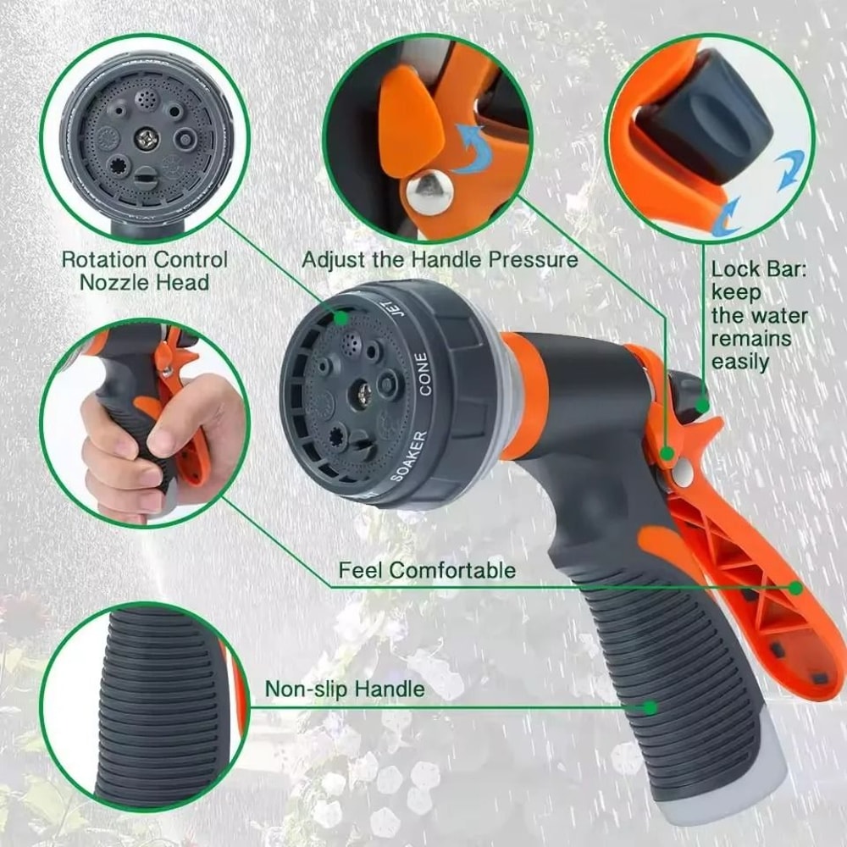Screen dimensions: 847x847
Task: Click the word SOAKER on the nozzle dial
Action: coord(409,457)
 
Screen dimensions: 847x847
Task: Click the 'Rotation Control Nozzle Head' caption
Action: coord(145,270)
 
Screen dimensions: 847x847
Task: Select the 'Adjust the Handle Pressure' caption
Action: coord(440,259)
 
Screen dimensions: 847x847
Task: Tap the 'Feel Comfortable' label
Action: coord(426,570)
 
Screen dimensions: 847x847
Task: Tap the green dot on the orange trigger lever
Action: coord(795,587)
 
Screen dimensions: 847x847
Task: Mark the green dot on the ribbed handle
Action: coord(650,706)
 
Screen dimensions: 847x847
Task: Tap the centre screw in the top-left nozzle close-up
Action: coord(145,135)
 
